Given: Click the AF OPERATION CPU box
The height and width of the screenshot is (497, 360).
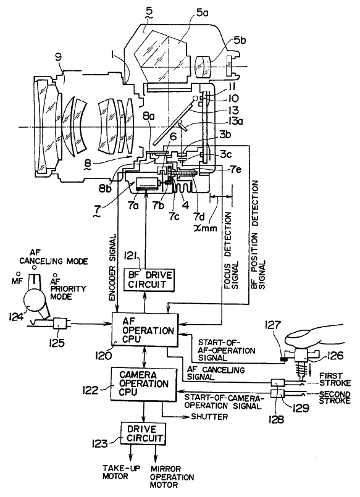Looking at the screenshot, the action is (x=145, y=330).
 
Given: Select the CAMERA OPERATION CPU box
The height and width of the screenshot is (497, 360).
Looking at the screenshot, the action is (x=143, y=384).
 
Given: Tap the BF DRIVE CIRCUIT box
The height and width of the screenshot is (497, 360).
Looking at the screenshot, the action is (x=149, y=279).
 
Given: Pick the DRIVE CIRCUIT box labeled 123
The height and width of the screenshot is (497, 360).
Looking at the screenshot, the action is (x=143, y=433).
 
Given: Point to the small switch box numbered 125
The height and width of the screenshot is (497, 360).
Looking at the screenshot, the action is (x=61, y=324).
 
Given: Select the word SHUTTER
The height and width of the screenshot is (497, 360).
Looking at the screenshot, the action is (x=209, y=416).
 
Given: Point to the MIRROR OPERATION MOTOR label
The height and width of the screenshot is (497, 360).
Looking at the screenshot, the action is (x=172, y=477).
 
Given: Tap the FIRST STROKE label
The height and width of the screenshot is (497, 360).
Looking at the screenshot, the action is (x=335, y=379).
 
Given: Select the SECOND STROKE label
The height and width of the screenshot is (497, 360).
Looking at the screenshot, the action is (x=335, y=397).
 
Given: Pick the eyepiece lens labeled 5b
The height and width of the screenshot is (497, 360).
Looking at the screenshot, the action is (x=203, y=67).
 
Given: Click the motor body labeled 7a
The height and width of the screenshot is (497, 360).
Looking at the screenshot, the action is (x=147, y=184).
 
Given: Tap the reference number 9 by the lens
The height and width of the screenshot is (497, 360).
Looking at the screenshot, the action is (x=58, y=57).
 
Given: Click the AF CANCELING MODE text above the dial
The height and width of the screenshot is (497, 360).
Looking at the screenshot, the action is (x=54, y=257).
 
